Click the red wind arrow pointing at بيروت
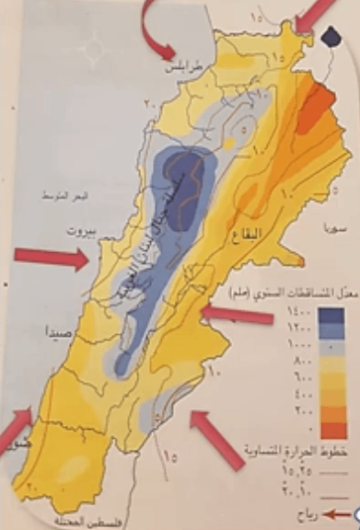50,259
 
